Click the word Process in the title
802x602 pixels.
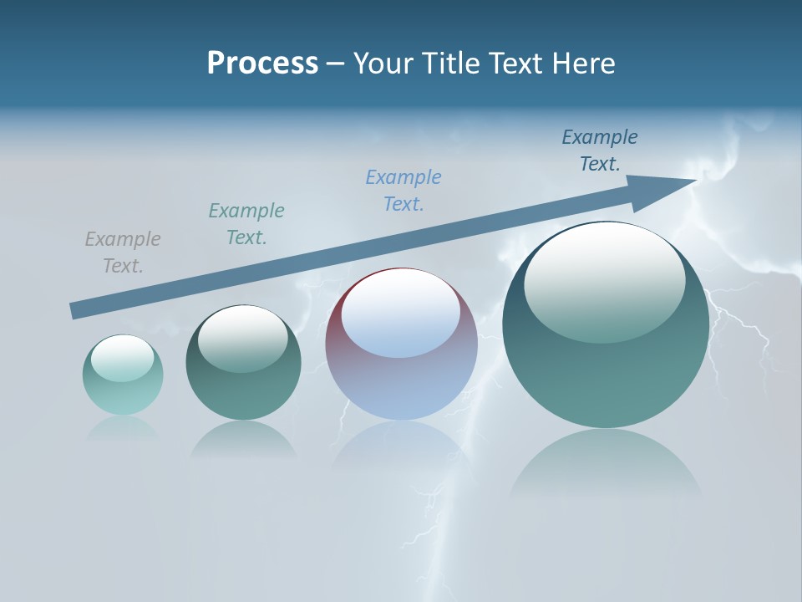tap(262, 64)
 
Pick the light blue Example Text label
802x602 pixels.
tap(404, 191)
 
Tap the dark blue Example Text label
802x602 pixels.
tap(600, 150)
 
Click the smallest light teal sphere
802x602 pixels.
tap(123, 393)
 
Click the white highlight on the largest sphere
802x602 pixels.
tap(605, 280)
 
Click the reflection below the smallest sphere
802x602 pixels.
tap(123, 428)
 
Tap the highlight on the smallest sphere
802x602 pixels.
tap(123, 358)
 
